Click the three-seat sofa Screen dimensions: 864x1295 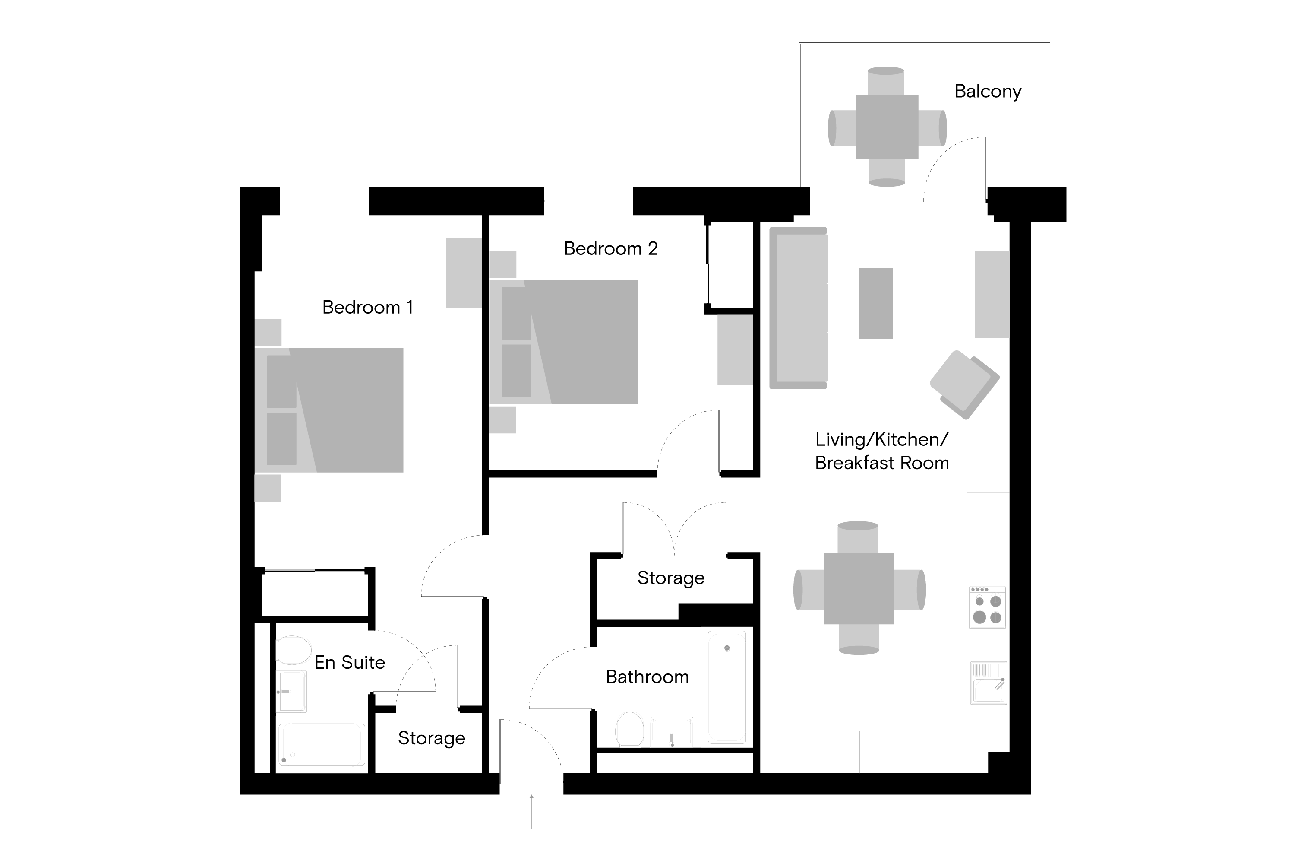(x=798, y=308)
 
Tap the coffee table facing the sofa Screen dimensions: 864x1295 (x=875, y=303)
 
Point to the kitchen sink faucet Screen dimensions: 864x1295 (x=999, y=684)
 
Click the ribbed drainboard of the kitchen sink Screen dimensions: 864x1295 (x=989, y=670)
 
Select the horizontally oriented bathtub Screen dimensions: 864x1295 (x=322, y=744)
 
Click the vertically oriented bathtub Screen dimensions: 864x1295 (x=727, y=687)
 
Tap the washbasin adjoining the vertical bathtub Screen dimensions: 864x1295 (x=671, y=732)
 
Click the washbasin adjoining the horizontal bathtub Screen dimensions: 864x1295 (x=292, y=692)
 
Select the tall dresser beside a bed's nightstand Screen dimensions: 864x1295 (x=464, y=273)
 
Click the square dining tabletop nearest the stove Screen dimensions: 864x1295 (x=859, y=589)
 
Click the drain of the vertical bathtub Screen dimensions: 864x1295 (x=727, y=648)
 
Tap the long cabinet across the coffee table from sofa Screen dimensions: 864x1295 (x=992, y=295)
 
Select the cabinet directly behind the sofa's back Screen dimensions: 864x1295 (x=735, y=350)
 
